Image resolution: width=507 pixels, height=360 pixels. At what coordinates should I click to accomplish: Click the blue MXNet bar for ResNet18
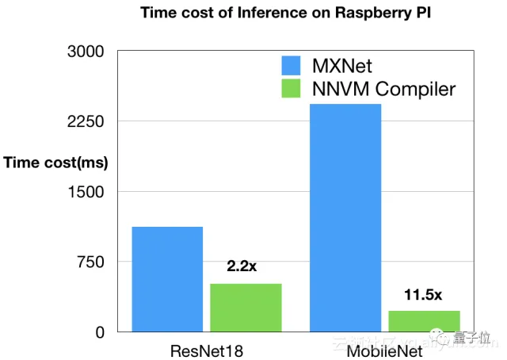pyautogui.click(x=167, y=278)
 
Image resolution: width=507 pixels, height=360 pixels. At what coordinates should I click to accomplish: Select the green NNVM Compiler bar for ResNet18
pyautogui.click(x=246, y=307)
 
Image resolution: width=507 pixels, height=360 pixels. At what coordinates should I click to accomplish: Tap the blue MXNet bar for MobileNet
pyautogui.click(x=345, y=217)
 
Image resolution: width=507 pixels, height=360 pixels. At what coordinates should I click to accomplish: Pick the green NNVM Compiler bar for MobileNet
pyautogui.click(x=424, y=320)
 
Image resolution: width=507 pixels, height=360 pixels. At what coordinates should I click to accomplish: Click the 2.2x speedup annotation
pyautogui.click(x=242, y=266)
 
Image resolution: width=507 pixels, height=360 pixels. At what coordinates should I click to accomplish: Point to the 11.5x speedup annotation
pyautogui.click(x=422, y=294)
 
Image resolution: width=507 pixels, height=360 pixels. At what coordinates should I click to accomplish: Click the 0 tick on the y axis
pyautogui.click(x=100, y=332)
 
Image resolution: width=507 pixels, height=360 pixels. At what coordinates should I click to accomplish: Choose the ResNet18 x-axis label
pyautogui.click(x=206, y=350)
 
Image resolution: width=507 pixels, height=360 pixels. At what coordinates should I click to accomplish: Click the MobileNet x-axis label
pyautogui.click(x=384, y=350)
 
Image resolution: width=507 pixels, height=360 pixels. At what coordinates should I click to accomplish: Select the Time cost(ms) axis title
pyautogui.click(x=55, y=163)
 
